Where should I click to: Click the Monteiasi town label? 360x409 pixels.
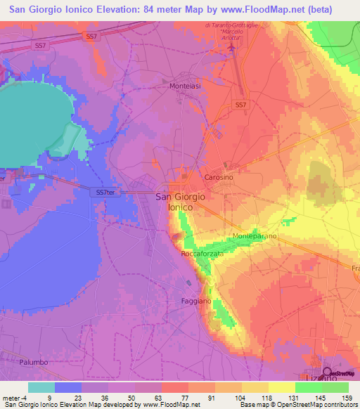point(186,86)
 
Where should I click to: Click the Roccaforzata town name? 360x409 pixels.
point(202,253)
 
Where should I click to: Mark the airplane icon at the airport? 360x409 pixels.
point(233,48)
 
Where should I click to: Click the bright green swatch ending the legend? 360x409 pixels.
point(335,387)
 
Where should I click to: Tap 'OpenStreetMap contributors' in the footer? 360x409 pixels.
point(314,405)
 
